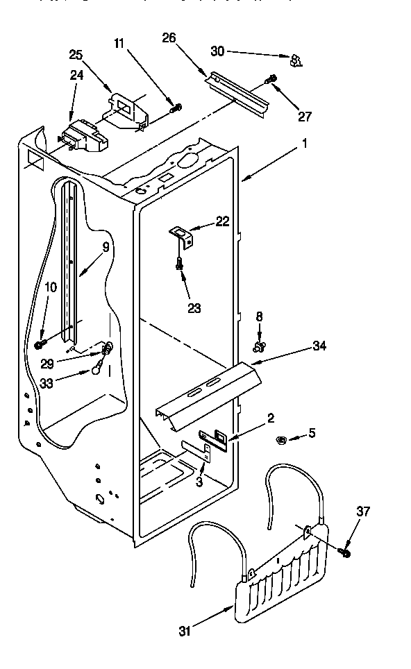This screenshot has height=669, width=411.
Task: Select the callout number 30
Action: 217,51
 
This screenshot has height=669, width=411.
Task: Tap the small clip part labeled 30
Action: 296,61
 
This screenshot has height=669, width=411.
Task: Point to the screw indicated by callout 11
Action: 176,107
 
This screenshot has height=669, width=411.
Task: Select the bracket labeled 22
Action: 183,237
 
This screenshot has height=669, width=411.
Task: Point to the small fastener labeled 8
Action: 260,344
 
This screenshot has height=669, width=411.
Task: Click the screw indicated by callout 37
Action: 344,552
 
